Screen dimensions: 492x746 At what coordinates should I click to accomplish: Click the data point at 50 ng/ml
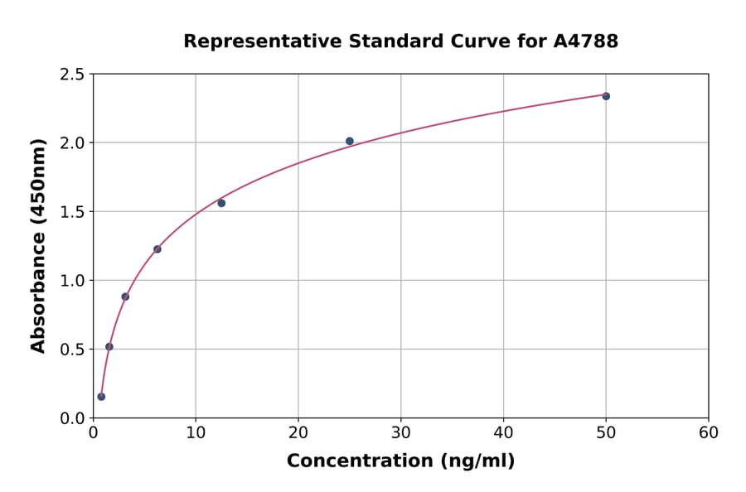pos(606,96)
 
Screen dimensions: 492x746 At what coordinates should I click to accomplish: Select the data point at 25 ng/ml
pos(350,141)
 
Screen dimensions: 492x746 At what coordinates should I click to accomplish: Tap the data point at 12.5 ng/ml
pos(221,203)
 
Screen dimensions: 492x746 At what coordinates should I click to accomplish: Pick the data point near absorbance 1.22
pos(157,249)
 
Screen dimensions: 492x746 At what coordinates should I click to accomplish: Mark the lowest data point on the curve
pos(101,397)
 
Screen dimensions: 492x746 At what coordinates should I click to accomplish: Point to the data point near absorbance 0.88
pos(125,297)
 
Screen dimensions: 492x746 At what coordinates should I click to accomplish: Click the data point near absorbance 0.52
pos(109,347)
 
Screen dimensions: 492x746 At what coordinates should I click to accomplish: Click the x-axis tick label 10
pos(196,433)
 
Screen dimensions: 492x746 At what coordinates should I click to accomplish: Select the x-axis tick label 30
pos(400,433)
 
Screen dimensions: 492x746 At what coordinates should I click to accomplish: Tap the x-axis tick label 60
pos(708,433)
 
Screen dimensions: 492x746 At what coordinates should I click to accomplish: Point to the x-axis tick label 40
pos(503,433)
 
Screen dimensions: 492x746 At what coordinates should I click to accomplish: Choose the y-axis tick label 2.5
pos(73,75)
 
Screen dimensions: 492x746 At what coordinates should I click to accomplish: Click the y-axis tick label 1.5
pos(73,212)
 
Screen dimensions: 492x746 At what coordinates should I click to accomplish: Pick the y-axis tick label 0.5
pos(73,350)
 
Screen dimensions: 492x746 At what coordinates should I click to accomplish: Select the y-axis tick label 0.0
pos(73,418)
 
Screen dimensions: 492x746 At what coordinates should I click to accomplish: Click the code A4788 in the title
pos(585,41)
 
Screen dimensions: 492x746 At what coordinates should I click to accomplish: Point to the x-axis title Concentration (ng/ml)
pos(400,461)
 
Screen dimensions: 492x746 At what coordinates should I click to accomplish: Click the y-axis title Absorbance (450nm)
pos(38,246)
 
